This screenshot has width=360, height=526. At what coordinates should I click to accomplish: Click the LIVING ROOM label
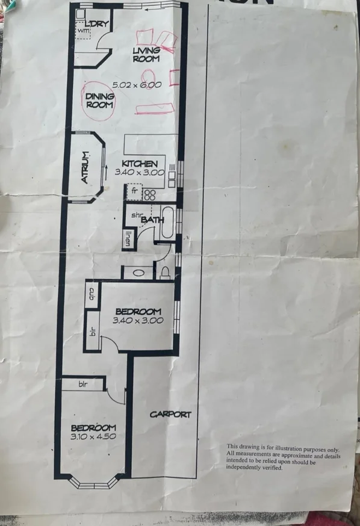coord(146,55)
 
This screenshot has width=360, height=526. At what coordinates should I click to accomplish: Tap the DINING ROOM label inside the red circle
coord(100,100)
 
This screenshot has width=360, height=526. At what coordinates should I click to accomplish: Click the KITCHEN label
coord(140,164)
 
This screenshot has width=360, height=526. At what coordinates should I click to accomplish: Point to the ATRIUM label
coord(86,167)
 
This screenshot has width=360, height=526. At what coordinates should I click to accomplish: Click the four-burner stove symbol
coord(149,194)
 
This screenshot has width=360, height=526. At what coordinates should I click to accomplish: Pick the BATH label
coord(153,220)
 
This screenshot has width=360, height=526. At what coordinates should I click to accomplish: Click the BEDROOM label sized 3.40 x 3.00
coord(138,311)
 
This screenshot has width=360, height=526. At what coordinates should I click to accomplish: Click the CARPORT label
coord(170,414)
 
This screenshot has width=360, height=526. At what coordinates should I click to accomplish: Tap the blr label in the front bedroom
coord(83,383)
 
